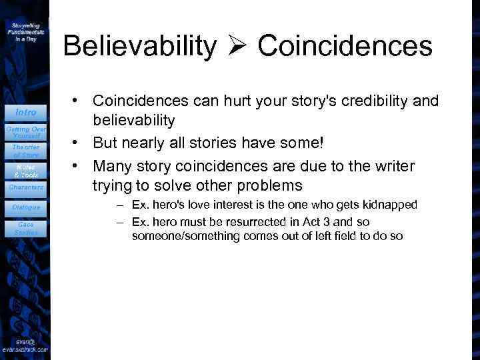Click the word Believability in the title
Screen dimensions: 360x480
point(140,46)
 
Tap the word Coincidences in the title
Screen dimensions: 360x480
point(345,46)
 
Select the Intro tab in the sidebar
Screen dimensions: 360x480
point(26,112)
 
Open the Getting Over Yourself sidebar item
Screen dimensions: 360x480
point(26,131)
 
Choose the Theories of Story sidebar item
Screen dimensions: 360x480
point(26,151)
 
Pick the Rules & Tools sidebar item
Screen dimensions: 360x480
point(26,171)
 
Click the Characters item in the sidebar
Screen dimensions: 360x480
point(26,187)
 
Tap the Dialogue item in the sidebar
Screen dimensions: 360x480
point(26,207)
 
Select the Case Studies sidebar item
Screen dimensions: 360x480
point(26,229)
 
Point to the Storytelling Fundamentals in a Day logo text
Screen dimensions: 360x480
point(26,31)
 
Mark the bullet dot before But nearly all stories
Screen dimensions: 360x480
point(78,143)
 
